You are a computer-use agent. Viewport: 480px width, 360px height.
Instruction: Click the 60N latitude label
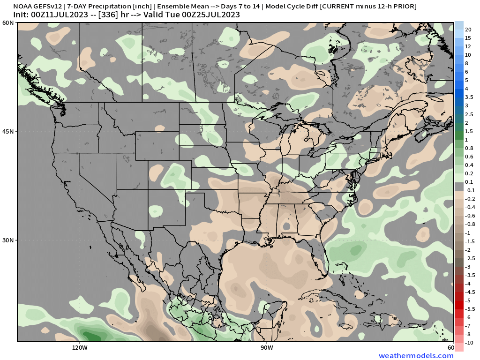(8, 23)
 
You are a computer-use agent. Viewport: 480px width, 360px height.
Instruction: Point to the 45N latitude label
(8, 131)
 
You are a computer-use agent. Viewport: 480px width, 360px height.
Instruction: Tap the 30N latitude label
(8, 240)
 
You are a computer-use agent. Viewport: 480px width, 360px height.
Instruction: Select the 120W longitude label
(80, 348)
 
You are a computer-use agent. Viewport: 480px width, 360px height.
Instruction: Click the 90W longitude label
(267, 348)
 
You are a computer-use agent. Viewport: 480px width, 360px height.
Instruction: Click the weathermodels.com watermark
(416, 356)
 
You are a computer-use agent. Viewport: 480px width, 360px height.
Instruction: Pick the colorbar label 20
(468, 30)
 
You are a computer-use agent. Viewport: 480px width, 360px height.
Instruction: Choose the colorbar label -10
(469, 343)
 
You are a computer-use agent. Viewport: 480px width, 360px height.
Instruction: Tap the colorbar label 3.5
(469, 97)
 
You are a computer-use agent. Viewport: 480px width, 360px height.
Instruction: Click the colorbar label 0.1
(469, 182)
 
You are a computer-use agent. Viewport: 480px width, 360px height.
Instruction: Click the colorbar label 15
(468, 38)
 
